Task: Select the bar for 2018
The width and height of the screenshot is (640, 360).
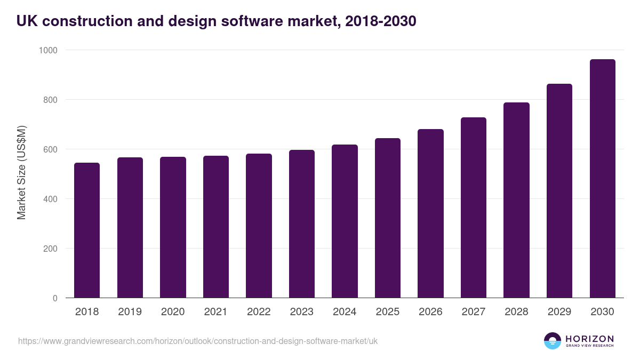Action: click(x=87, y=230)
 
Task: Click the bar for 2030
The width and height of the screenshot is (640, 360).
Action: click(x=602, y=179)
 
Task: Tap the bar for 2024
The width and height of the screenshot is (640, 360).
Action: click(x=345, y=221)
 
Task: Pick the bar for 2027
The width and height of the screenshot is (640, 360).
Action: click(x=474, y=207)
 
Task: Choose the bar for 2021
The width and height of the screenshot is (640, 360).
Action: click(x=216, y=227)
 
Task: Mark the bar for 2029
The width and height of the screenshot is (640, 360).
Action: click(x=559, y=191)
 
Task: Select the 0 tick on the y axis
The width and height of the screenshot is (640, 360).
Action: click(x=55, y=298)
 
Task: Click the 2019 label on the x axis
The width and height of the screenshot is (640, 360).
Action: click(x=130, y=312)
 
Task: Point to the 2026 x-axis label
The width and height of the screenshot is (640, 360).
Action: click(x=430, y=312)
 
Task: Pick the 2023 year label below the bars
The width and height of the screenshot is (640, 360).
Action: click(x=301, y=312)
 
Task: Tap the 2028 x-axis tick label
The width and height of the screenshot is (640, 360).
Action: click(x=516, y=312)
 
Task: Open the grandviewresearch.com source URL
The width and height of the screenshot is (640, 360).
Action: click(x=198, y=341)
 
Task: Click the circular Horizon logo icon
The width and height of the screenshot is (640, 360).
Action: click(x=552, y=341)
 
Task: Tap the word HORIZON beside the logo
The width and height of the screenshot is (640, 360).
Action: click(x=589, y=338)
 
